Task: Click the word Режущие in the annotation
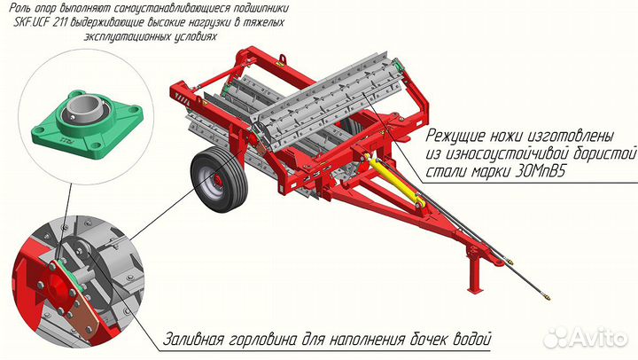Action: (x=460, y=137)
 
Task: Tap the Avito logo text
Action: (x=600, y=337)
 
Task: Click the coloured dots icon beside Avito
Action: (x=557, y=337)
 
